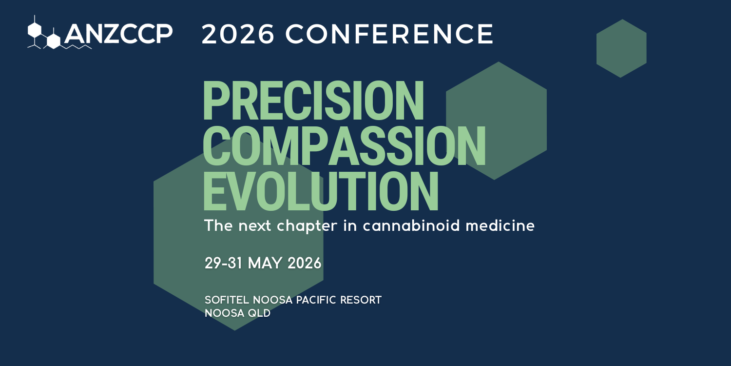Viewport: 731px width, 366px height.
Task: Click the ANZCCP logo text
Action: pyautogui.click(x=118, y=34)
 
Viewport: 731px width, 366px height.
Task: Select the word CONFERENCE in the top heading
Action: pyautogui.click(x=390, y=34)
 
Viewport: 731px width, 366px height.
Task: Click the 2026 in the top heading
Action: pyautogui.click(x=238, y=34)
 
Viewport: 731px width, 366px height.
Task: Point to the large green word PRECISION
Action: pyautogui.click(x=313, y=101)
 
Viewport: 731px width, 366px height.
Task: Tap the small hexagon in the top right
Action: pyautogui.click(x=621, y=48)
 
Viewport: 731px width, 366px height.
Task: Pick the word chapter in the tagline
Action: pyautogui.click(x=300, y=226)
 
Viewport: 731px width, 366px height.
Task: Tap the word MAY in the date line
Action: pyautogui.click(x=265, y=264)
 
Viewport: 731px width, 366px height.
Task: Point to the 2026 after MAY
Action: pyautogui.click(x=305, y=264)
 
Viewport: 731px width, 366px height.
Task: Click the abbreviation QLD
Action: pyautogui.click(x=259, y=313)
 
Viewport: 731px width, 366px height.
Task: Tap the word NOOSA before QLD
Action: pyautogui.click(x=224, y=313)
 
